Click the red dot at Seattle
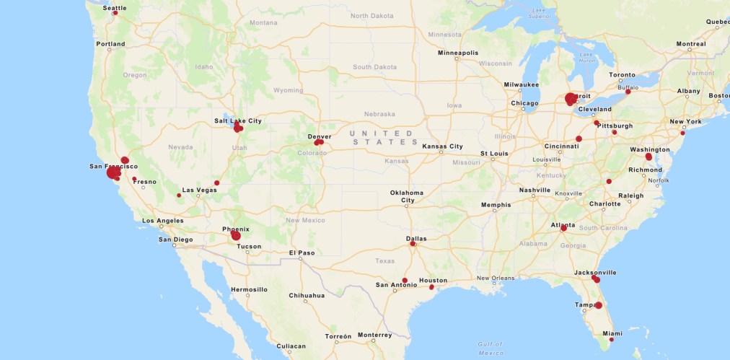click(x=115, y=12)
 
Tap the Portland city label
click(x=111, y=44)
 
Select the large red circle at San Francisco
click(x=113, y=173)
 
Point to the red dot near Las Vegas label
click(x=179, y=196)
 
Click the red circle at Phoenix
click(x=236, y=235)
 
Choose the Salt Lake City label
click(x=238, y=120)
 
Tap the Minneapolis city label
click(x=458, y=53)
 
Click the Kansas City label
click(x=442, y=146)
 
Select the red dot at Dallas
click(x=413, y=244)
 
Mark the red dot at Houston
click(x=431, y=287)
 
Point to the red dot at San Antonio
click(x=405, y=280)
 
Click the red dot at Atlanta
click(x=563, y=229)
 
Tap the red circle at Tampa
click(x=599, y=305)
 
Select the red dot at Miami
click(x=612, y=339)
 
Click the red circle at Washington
click(x=648, y=157)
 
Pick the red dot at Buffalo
click(x=628, y=92)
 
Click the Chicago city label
click(x=524, y=103)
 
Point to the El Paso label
click(x=302, y=253)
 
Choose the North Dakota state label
click(x=372, y=15)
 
